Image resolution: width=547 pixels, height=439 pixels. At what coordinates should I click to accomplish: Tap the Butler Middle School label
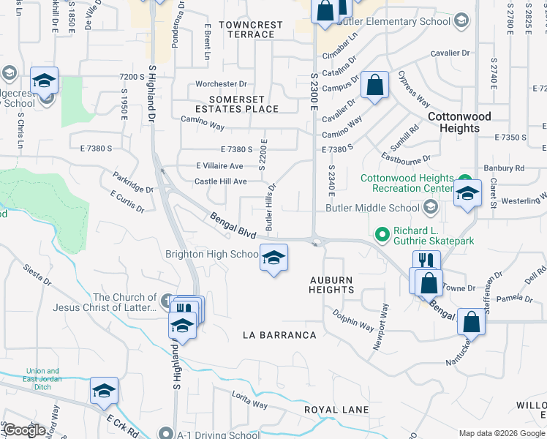click(383, 208)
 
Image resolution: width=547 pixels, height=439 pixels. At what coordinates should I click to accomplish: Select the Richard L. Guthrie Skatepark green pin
click(381, 235)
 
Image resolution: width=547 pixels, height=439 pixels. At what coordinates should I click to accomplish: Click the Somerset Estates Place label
click(244, 104)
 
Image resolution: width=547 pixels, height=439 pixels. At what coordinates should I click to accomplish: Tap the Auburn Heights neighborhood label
click(331, 285)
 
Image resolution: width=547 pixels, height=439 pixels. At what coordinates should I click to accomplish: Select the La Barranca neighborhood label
click(279, 335)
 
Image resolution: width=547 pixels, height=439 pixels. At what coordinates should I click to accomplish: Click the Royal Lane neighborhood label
click(337, 410)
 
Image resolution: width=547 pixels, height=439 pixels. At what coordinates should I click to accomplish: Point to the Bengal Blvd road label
click(233, 225)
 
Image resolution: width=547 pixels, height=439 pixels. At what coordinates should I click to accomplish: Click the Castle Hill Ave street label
click(220, 181)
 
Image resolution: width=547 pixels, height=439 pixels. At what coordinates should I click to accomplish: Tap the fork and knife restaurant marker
click(426, 262)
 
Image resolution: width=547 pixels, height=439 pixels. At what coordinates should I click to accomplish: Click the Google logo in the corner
click(24, 430)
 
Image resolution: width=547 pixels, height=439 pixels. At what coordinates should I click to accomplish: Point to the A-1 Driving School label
click(218, 435)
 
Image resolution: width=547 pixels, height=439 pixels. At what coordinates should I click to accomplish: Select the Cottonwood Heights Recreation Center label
click(407, 183)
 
